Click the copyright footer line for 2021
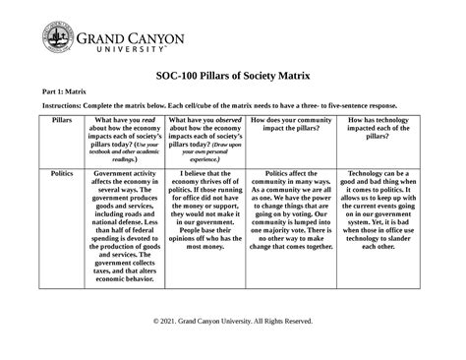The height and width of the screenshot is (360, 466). [x=233, y=322]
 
